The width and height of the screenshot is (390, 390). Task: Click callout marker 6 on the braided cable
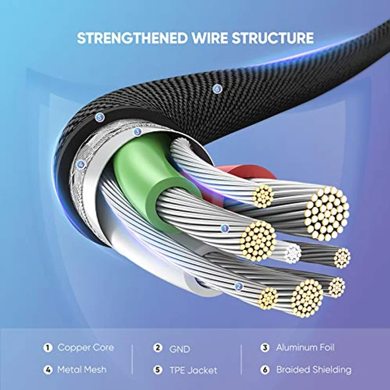[217, 89]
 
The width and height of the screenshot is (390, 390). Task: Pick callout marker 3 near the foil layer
[137, 131]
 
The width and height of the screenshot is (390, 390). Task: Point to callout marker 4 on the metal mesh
[81, 164]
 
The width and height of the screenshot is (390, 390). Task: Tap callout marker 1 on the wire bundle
[225, 229]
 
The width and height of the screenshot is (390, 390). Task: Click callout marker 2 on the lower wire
[238, 287]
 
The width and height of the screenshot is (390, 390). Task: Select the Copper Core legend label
[85, 348]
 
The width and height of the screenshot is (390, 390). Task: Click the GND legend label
[179, 349]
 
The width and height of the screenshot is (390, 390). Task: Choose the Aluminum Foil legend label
[305, 348]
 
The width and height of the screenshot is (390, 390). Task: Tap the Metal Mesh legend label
[82, 369]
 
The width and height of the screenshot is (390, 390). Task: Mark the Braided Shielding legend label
[313, 369]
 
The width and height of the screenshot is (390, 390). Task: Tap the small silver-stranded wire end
[292, 253]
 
